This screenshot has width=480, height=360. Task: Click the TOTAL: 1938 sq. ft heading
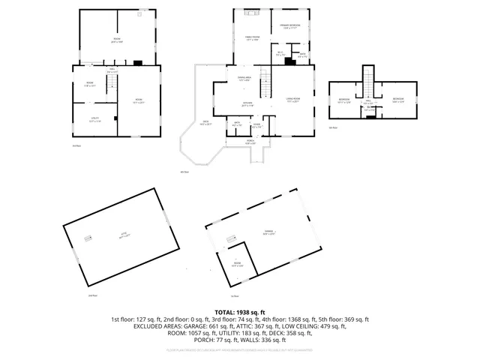tap(240, 311)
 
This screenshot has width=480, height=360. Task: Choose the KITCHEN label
tap(247, 104)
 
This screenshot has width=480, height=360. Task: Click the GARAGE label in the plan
tap(268, 232)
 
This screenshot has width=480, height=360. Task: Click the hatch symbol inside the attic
tap(87, 238)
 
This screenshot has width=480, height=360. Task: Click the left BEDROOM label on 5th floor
tap(343, 100)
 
